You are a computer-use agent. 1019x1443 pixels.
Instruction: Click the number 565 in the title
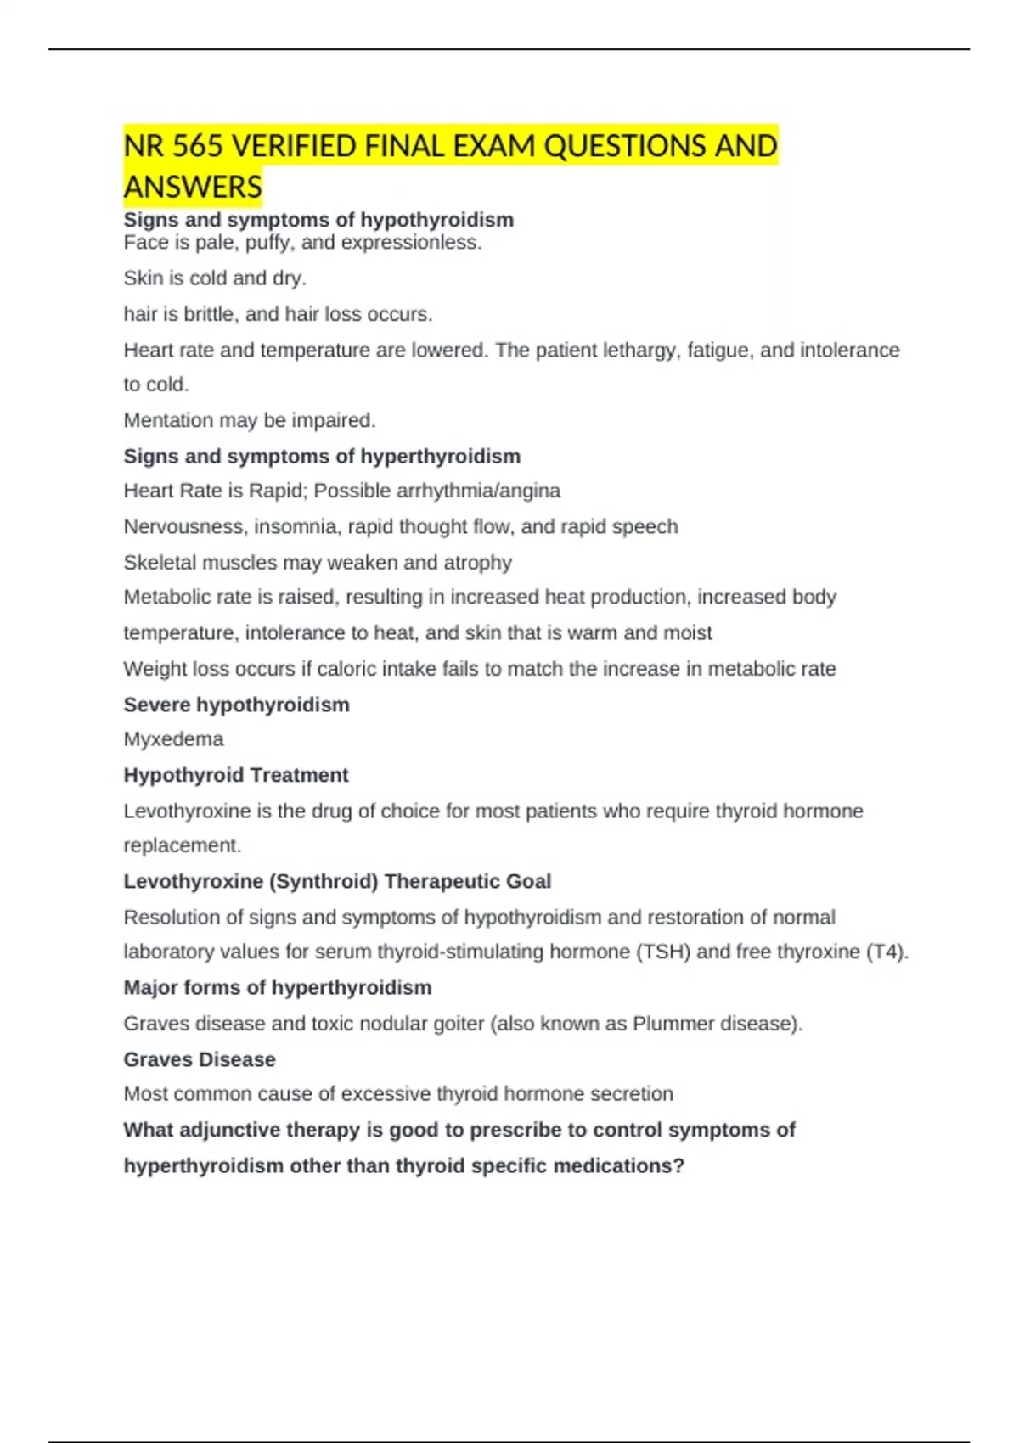(x=198, y=146)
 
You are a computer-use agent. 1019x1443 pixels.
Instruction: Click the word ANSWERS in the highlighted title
(x=193, y=187)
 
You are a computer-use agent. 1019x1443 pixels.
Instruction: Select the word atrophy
(x=477, y=562)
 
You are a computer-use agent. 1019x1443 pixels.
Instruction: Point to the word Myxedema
(x=173, y=739)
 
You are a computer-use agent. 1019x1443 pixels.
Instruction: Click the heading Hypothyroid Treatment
(x=236, y=775)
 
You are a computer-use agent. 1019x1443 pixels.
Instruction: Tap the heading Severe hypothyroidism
(x=236, y=705)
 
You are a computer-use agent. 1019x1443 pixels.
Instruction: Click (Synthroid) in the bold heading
(x=324, y=881)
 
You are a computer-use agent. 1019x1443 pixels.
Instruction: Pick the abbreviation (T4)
(x=887, y=952)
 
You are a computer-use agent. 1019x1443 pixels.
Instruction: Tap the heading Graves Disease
(x=200, y=1059)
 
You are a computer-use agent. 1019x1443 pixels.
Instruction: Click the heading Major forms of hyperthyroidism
(x=278, y=987)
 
